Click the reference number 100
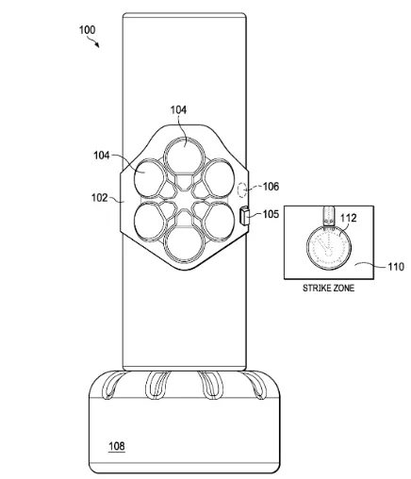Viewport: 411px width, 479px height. click(87, 30)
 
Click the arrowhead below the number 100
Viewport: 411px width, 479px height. click(97, 45)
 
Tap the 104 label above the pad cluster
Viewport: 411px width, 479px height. click(178, 109)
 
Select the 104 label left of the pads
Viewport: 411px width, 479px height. click(102, 156)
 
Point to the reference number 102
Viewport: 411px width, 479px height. click(100, 198)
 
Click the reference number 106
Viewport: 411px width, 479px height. click(271, 187)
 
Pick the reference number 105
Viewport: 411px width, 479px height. click(271, 214)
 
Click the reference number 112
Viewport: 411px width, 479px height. click(349, 218)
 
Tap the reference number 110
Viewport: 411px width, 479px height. click(396, 267)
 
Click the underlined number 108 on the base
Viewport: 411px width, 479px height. click(117, 446)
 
